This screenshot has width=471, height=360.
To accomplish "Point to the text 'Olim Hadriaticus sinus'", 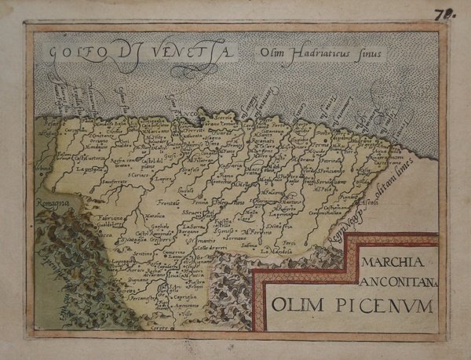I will pyautogui.click(x=318, y=54).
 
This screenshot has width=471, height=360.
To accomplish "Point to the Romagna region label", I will pyautogui.click(x=51, y=203).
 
